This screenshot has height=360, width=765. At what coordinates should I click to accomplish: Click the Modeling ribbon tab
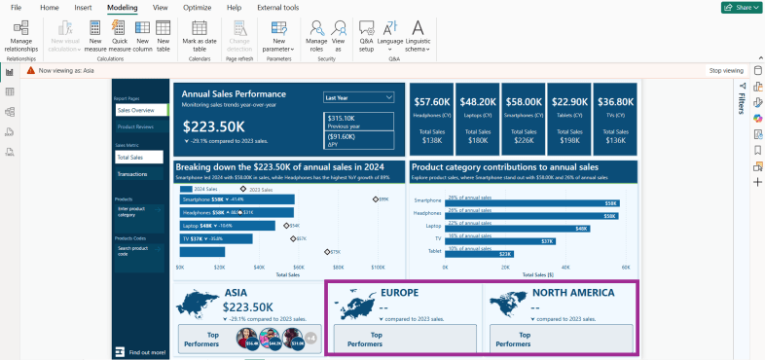pyautogui.click(x=122, y=7)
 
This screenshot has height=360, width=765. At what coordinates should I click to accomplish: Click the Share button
pyautogui.click(x=741, y=7)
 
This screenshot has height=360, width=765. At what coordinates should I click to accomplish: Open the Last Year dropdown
pyautogui.click(x=359, y=97)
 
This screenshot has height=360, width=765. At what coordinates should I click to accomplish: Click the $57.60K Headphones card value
pyautogui.click(x=431, y=101)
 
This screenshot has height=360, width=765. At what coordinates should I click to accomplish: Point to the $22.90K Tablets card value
pyautogui.click(x=569, y=101)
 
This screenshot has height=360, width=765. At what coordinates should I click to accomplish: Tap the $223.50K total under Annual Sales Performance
pyautogui.click(x=214, y=126)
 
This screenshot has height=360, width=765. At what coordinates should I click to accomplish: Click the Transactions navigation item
pyautogui.click(x=132, y=174)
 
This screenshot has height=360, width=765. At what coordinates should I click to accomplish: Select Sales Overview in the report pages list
pyautogui.click(x=136, y=111)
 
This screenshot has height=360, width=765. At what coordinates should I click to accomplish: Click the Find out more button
pyautogui.click(x=146, y=351)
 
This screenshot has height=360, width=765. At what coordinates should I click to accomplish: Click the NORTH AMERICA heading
pyautogui.click(x=572, y=292)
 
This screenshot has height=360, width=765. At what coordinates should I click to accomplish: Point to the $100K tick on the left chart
pyautogui.click(x=377, y=266)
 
